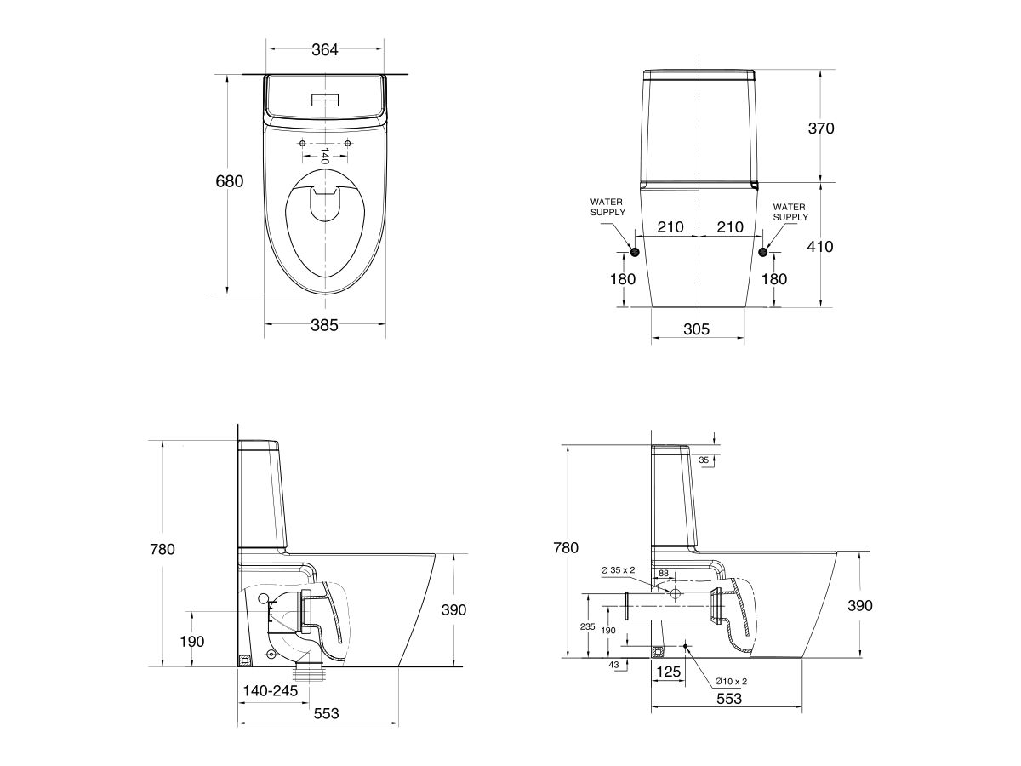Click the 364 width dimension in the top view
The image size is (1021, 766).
(324, 50)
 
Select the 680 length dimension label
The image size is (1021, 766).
(230, 181)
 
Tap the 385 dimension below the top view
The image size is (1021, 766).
(324, 325)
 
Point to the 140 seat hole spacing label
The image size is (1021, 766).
(324, 155)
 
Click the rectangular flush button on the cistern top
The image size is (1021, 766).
(325, 99)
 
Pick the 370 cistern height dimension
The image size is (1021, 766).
(820, 129)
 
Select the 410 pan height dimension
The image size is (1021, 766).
(820, 247)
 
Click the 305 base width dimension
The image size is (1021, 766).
(696, 329)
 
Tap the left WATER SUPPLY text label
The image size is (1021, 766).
(608, 208)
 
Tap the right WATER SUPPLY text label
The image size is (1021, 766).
(790, 211)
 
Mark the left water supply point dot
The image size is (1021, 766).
(635, 251)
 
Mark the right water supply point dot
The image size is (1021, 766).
(762, 252)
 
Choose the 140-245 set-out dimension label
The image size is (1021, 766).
(270, 691)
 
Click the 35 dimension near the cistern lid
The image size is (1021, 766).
(704, 460)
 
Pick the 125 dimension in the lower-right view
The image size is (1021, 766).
(670, 672)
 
